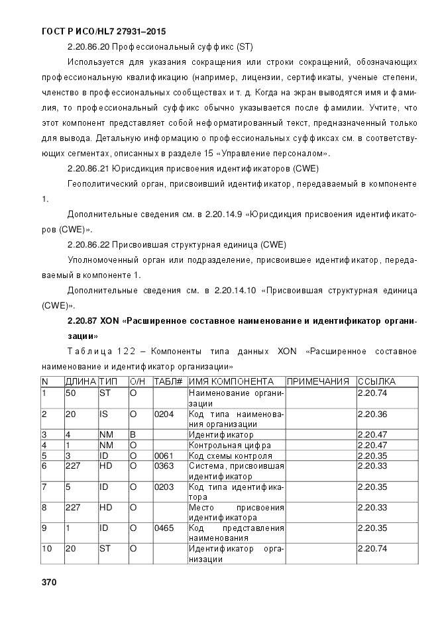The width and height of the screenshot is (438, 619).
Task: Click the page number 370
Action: point(49,583)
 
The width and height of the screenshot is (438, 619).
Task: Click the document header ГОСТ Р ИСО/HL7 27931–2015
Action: point(103,31)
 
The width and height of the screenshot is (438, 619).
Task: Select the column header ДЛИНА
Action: point(80,381)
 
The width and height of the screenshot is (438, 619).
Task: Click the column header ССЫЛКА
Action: point(376,381)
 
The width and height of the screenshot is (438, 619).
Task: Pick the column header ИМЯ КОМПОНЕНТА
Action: point(231,381)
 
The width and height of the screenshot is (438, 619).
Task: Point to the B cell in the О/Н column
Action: point(133,435)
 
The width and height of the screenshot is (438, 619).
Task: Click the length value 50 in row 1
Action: point(70,393)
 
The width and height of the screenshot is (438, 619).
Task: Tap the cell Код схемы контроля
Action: point(231,455)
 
